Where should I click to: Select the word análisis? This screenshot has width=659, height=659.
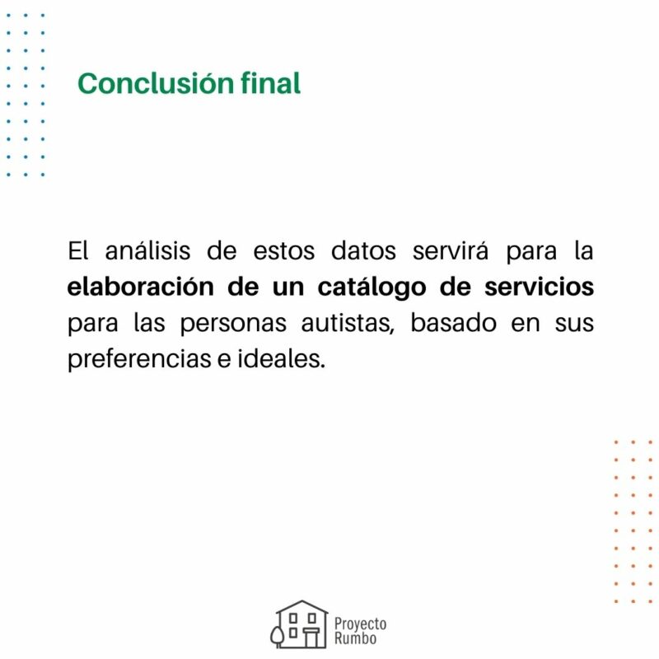[147, 250]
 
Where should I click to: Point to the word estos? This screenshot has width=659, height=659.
[283, 251]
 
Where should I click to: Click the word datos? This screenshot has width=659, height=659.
[363, 250]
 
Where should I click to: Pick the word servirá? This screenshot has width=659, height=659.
[450, 250]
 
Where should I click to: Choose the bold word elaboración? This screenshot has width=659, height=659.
[140, 286]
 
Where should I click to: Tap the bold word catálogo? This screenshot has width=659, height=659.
[372, 287]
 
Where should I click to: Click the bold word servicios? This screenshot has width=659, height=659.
[540, 286]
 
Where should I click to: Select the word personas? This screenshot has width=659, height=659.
[233, 324]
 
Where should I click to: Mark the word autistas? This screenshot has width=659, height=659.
[348, 323]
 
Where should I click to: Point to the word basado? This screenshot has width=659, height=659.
[453, 322]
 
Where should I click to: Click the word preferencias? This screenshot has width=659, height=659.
[139, 358]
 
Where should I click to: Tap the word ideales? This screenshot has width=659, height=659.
[282, 358]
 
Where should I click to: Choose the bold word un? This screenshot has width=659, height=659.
[287, 287]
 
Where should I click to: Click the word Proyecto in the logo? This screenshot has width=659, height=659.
[360, 624]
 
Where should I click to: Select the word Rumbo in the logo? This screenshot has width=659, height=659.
[355, 638]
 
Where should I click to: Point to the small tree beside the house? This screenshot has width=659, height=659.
[277, 636]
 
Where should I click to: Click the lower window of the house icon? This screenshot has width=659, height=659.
[294, 633]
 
